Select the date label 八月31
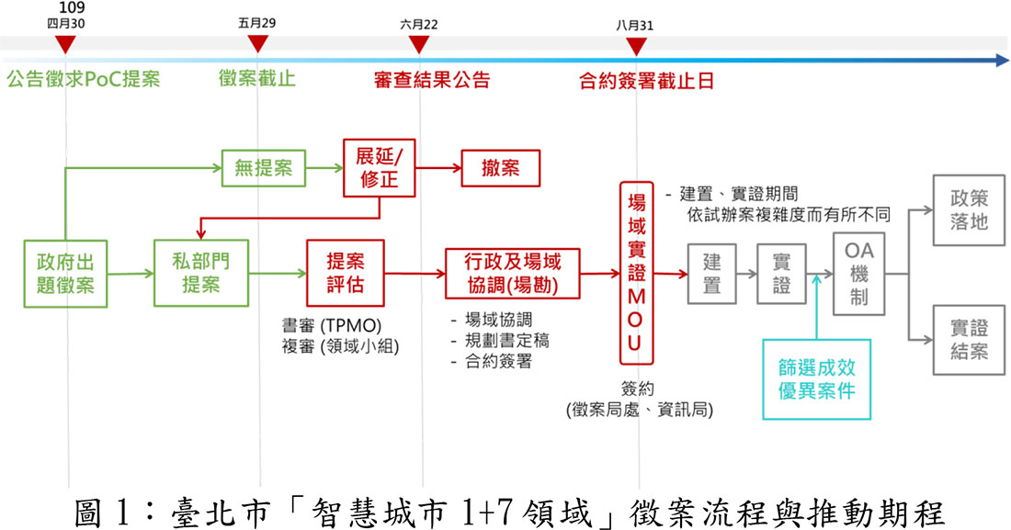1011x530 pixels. [635, 26]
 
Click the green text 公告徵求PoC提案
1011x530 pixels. [83, 80]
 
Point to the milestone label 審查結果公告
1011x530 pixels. [432, 80]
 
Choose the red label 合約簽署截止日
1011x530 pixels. [647, 81]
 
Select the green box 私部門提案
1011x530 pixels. [200, 272]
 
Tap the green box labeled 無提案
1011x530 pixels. [263, 168]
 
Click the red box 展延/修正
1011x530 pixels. [377, 167]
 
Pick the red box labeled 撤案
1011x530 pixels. [501, 169]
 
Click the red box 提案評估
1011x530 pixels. [345, 273]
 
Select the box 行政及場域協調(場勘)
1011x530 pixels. [513, 273]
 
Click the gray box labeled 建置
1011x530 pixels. [711, 274]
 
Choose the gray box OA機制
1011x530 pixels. [859, 273]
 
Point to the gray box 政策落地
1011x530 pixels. [969, 209]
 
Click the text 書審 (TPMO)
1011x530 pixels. [332, 325]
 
